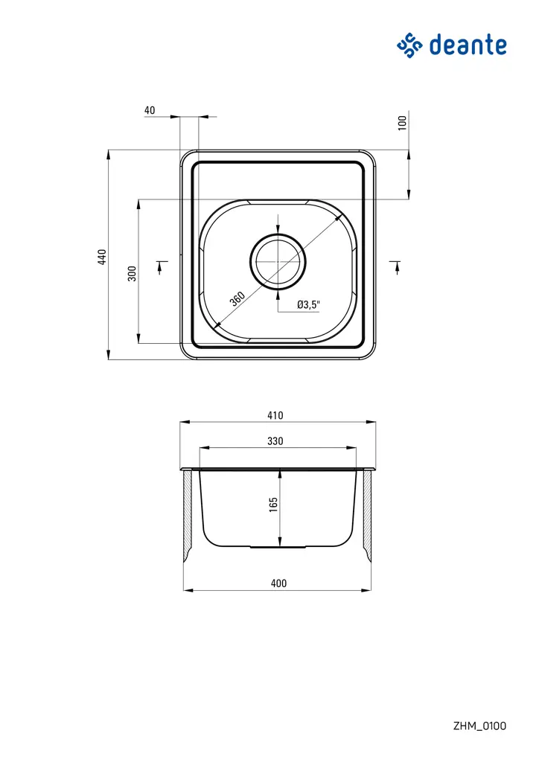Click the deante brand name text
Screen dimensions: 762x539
click(x=468, y=45)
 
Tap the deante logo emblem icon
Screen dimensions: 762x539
click(x=409, y=45)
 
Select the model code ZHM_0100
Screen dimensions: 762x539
click(x=479, y=726)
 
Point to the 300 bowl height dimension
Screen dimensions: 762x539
click(x=132, y=272)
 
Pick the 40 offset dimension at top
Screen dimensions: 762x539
click(x=150, y=110)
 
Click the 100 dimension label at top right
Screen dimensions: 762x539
click(x=403, y=123)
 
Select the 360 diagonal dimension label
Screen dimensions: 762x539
click(x=237, y=299)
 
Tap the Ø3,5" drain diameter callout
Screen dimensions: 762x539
click(x=308, y=304)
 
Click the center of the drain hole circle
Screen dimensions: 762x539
click(x=278, y=262)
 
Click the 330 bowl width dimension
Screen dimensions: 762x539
click(x=275, y=441)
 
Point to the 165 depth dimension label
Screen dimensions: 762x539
click(x=273, y=505)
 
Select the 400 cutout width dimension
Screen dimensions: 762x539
click(x=278, y=583)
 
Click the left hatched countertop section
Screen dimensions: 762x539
click(x=188, y=516)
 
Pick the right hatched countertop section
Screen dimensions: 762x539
click(x=367, y=516)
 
